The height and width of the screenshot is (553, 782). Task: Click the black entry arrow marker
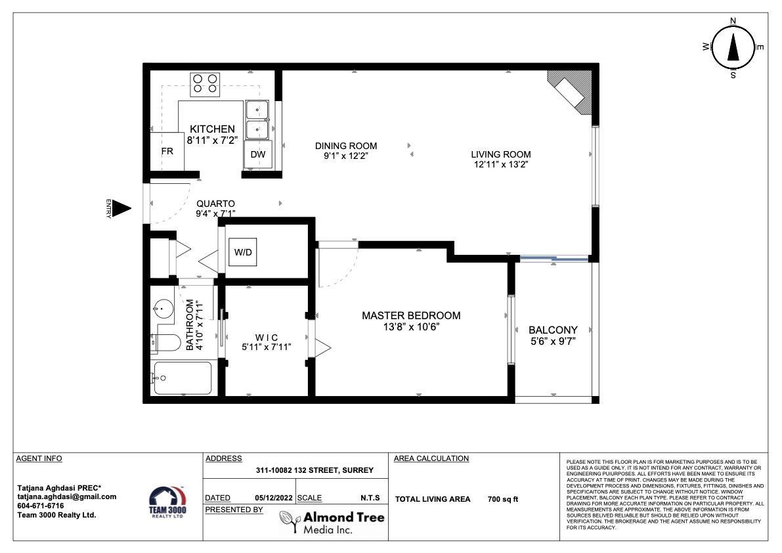tap(121, 208)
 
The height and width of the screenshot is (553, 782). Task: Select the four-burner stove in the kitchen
tap(205, 84)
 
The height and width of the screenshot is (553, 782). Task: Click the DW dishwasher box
tap(258, 154)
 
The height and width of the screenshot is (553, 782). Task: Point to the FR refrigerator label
tap(167, 151)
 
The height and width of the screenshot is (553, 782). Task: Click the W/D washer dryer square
tap(243, 252)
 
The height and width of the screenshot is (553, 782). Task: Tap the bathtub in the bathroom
tap(182, 378)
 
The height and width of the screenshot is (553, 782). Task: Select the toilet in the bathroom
tap(166, 343)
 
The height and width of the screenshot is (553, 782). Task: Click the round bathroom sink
tap(163, 309)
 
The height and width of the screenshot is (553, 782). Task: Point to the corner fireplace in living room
tap(572, 91)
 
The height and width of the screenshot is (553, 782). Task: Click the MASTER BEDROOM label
tap(411, 315)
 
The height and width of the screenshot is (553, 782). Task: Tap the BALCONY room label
tap(553, 330)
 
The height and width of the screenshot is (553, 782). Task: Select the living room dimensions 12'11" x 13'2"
tap(501, 165)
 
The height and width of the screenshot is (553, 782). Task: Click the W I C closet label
tap(267, 338)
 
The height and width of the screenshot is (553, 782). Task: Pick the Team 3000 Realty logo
tap(167, 502)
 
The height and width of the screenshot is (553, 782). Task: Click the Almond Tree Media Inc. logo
tap(332, 523)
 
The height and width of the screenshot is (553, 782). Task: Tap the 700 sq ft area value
tap(503, 499)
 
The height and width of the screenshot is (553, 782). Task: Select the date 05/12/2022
tap(274, 498)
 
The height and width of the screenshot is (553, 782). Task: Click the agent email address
tap(67, 497)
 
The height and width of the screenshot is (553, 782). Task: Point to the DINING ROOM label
tap(345, 146)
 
